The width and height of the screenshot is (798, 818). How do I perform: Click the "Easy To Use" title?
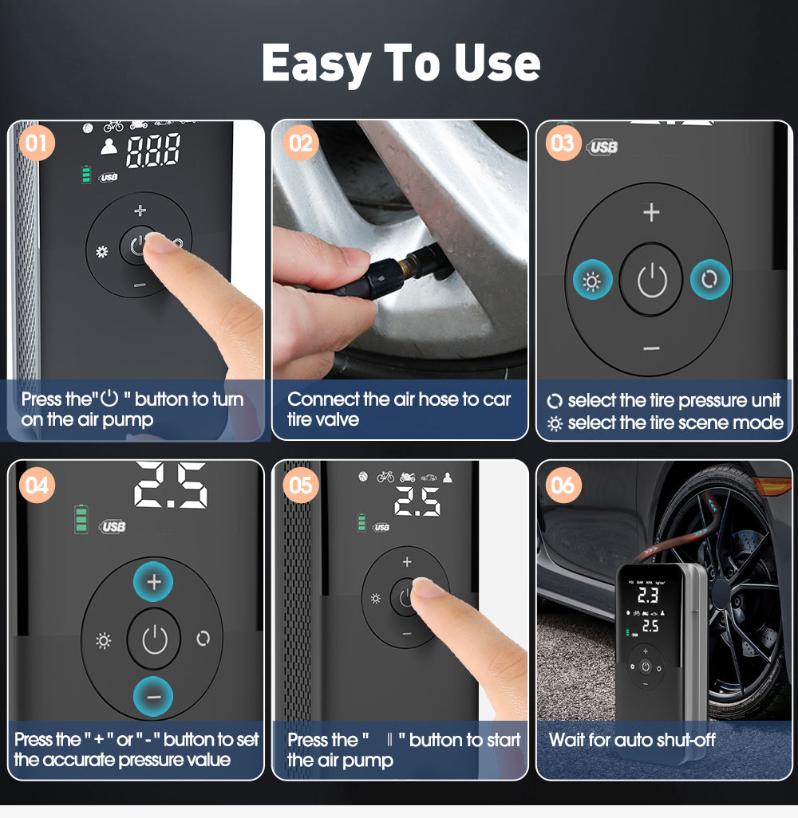click(401, 63)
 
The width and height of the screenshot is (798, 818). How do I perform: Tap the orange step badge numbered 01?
click(36, 144)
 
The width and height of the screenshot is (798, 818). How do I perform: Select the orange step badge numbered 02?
click(300, 144)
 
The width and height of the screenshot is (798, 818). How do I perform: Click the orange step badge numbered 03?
click(563, 144)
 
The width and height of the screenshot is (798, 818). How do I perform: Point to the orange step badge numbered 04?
click(38, 485)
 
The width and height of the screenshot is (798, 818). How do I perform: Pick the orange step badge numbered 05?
click(300, 485)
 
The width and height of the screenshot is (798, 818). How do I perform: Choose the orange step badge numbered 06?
click(563, 485)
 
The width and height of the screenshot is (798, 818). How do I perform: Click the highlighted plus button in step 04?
click(154, 583)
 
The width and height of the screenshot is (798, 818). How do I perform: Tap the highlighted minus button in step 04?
click(154, 696)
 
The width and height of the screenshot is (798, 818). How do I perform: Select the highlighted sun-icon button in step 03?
click(592, 281)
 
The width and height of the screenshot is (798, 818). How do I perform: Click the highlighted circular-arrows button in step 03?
click(709, 281)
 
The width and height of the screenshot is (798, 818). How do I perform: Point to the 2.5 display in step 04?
click(170, 486)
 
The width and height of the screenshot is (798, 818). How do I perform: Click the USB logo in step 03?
click(603, 147)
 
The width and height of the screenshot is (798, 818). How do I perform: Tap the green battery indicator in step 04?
click(81, 518)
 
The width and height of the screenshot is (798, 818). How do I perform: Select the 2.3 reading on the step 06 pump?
click(647, 595)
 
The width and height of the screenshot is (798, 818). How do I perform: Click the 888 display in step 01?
click(153, 151)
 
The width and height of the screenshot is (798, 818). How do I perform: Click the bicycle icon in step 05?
click(385, 477)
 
